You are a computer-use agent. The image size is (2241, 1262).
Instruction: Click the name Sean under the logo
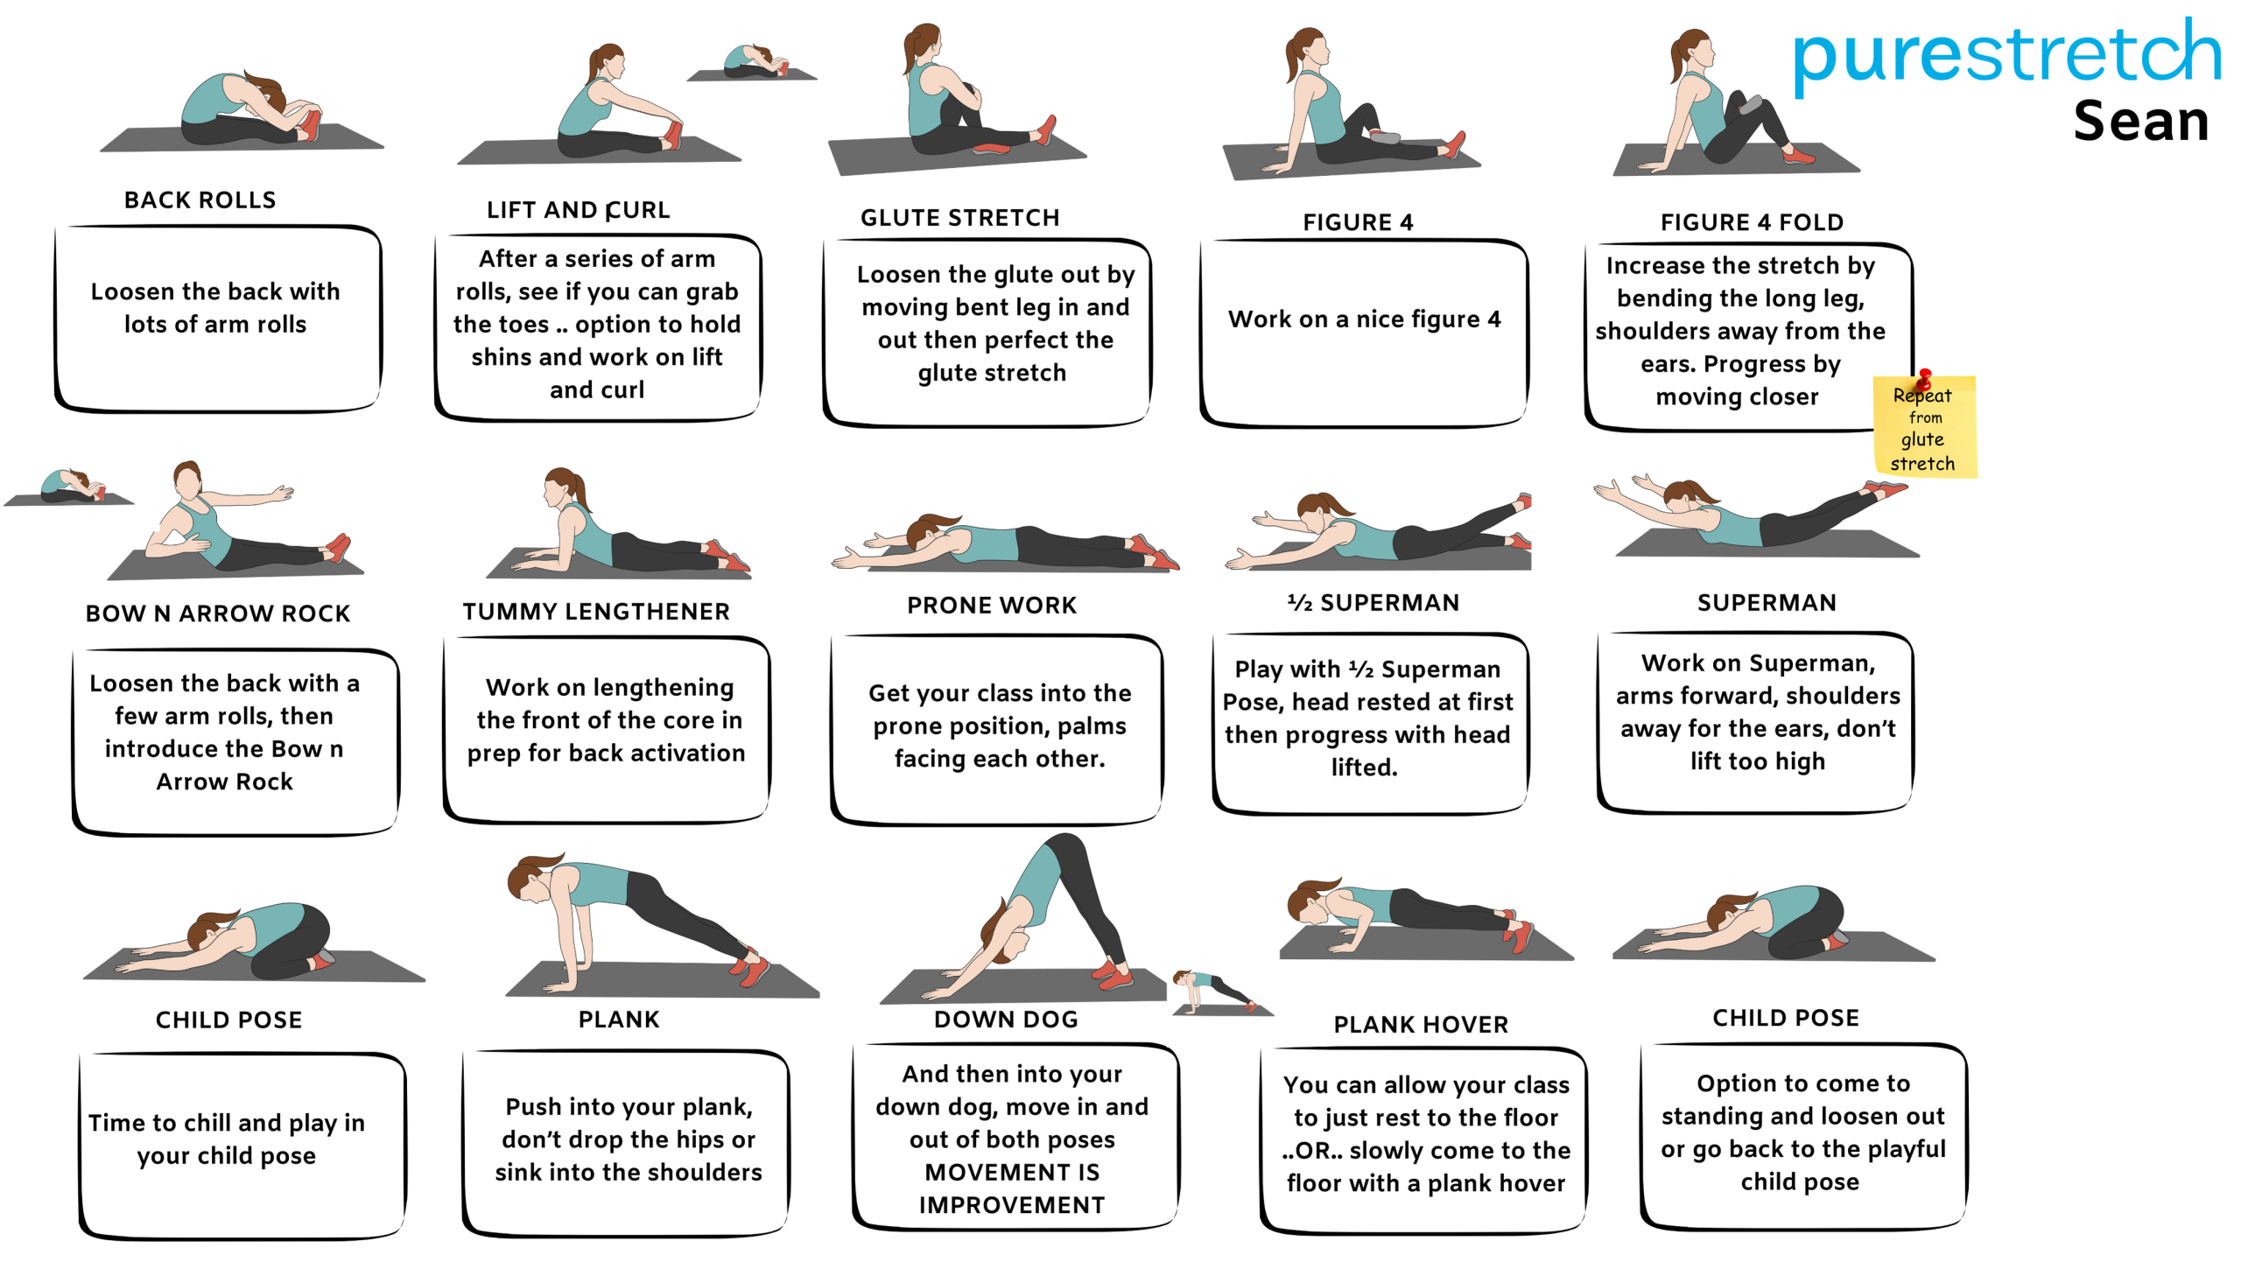(2141, 121)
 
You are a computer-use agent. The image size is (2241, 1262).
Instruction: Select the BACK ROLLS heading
(200, 200)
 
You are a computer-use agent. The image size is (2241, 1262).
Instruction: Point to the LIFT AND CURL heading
(578, 210)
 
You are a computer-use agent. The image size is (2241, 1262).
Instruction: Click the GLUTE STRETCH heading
(959, 218)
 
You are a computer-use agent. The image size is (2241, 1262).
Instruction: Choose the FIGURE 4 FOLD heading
(1752, 222)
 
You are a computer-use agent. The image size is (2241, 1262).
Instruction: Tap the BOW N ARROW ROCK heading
(218, 613)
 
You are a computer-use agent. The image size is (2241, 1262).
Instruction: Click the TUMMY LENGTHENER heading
(596, 612)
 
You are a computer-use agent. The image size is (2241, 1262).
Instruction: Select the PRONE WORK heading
(992, 606)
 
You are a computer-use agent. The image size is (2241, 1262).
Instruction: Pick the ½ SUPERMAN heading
(1373, 603)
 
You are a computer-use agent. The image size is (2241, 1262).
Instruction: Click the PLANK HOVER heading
(1421, 1025)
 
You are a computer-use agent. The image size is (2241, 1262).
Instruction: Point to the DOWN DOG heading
(1006, 1020)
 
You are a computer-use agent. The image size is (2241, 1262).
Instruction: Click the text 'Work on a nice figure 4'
(1364, 319)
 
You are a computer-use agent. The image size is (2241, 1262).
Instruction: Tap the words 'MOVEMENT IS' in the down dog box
(1012, 1172)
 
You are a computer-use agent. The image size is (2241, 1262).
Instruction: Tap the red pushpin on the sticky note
(1924, 379)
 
